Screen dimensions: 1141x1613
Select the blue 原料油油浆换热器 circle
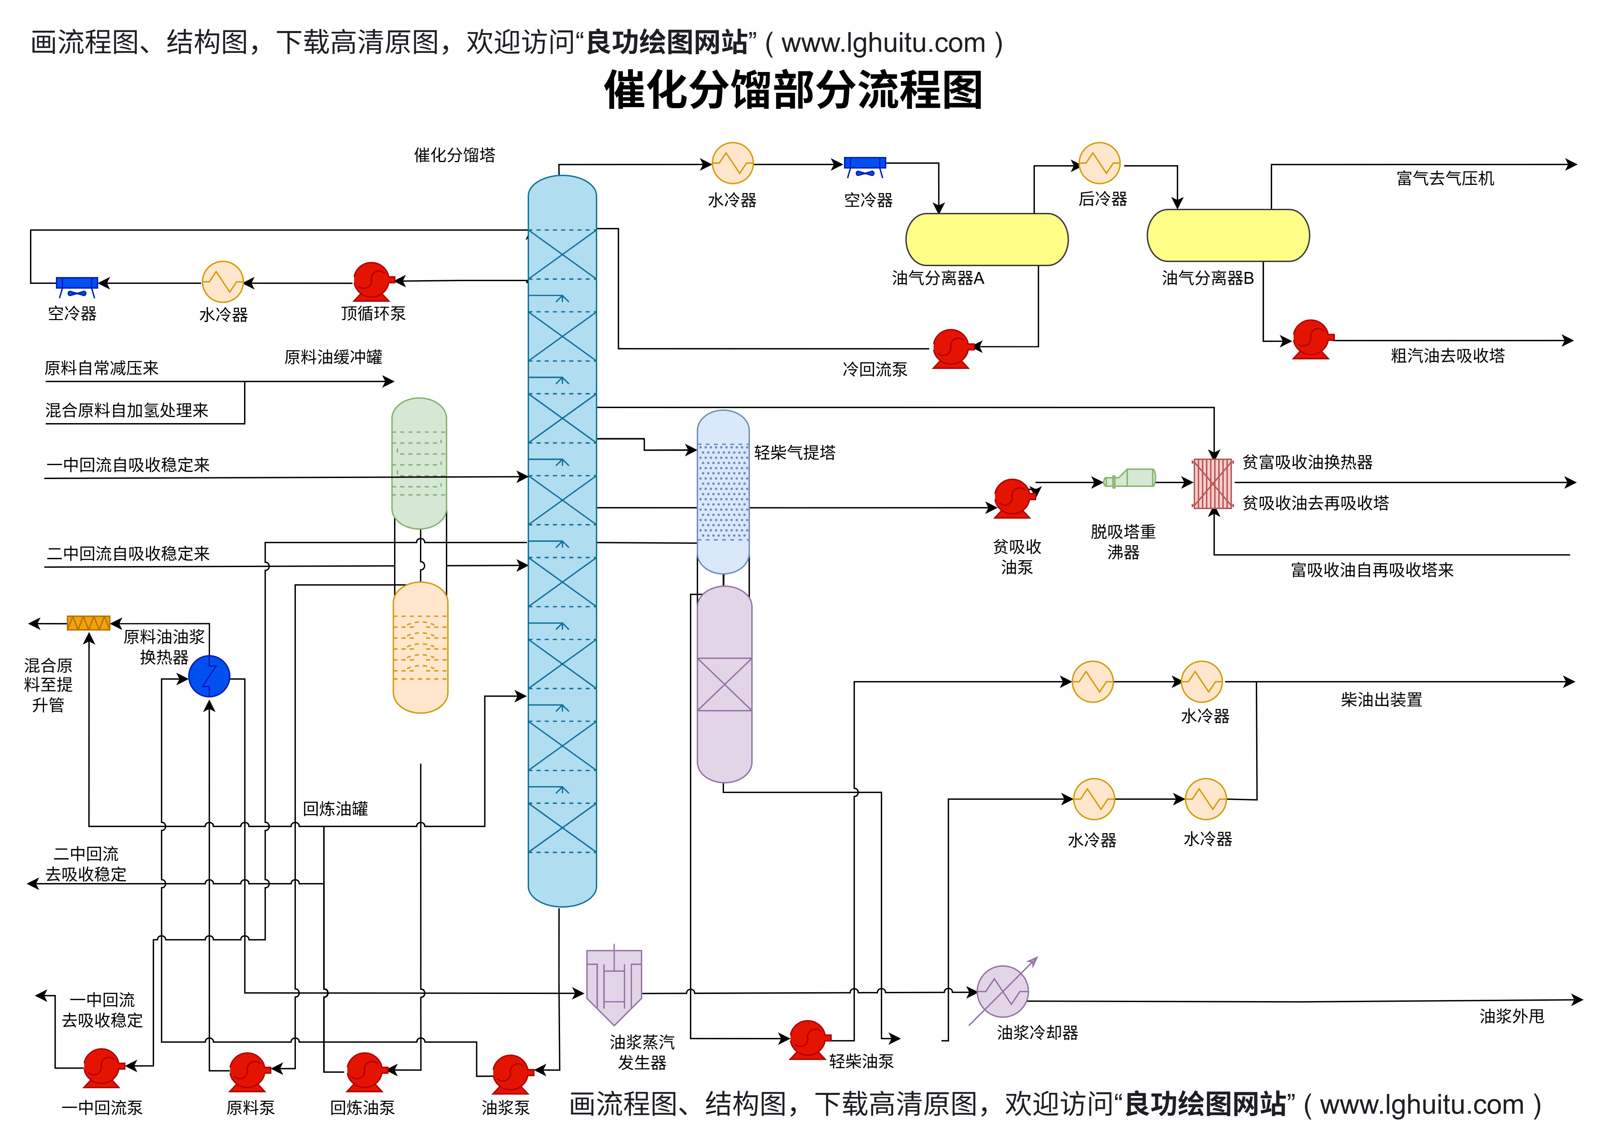click(209, 676)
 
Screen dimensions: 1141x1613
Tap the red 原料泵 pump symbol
click(247, 1071)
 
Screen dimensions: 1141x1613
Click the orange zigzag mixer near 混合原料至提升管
click(89, 623)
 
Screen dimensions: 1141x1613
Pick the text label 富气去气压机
click(1445, 178)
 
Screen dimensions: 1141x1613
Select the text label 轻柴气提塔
click(795, 453)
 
